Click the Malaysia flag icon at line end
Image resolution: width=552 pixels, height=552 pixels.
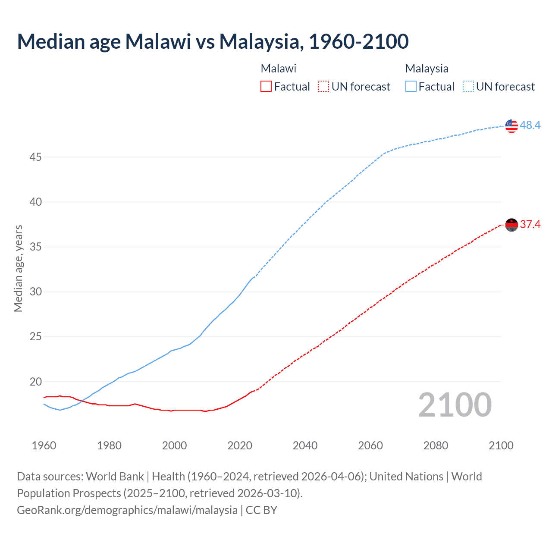click(511, 126)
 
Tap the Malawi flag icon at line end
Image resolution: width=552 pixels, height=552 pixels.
click(511, 225)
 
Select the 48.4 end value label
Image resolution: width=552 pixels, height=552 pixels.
click(530, 125)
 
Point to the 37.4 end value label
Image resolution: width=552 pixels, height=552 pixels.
click(530, 224)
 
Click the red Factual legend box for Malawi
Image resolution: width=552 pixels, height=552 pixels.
click(266, 87)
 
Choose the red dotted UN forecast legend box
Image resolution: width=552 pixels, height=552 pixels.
click(323, 87)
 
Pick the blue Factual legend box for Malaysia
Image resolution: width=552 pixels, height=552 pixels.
click(411, 87)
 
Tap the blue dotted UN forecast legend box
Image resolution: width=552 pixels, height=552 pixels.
click(468, 87)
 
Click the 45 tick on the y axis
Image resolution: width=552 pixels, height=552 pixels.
click(35, 157)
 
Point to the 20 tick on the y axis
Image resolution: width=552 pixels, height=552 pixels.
click(35, 382)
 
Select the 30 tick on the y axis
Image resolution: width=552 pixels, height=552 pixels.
click(35, 292)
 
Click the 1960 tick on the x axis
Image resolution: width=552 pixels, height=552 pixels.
click(44, 445)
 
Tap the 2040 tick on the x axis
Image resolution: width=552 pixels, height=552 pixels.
click(305, 445)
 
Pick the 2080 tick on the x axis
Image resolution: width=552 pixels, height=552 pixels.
click(436, 445)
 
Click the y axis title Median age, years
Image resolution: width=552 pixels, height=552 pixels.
click(18, 268)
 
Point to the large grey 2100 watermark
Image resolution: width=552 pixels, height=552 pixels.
click(455, 405)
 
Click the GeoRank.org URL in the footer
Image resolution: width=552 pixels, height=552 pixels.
click(127, 510)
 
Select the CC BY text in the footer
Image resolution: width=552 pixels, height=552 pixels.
click(261, 510)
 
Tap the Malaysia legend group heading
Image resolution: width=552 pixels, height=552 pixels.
click(427, 69)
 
